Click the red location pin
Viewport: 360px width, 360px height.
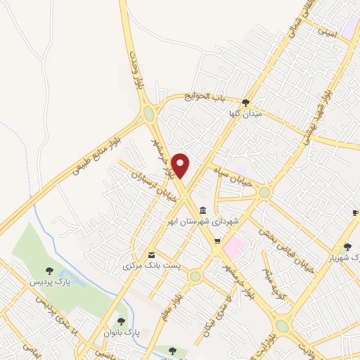(181, 165)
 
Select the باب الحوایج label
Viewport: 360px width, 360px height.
(205, 96)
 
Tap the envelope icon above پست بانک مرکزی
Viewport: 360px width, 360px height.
(151, 255)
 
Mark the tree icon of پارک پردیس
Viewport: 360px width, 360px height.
(49, 270)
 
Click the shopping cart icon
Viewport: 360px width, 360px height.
(217, 242)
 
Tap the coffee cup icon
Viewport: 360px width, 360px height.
(355, 212)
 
